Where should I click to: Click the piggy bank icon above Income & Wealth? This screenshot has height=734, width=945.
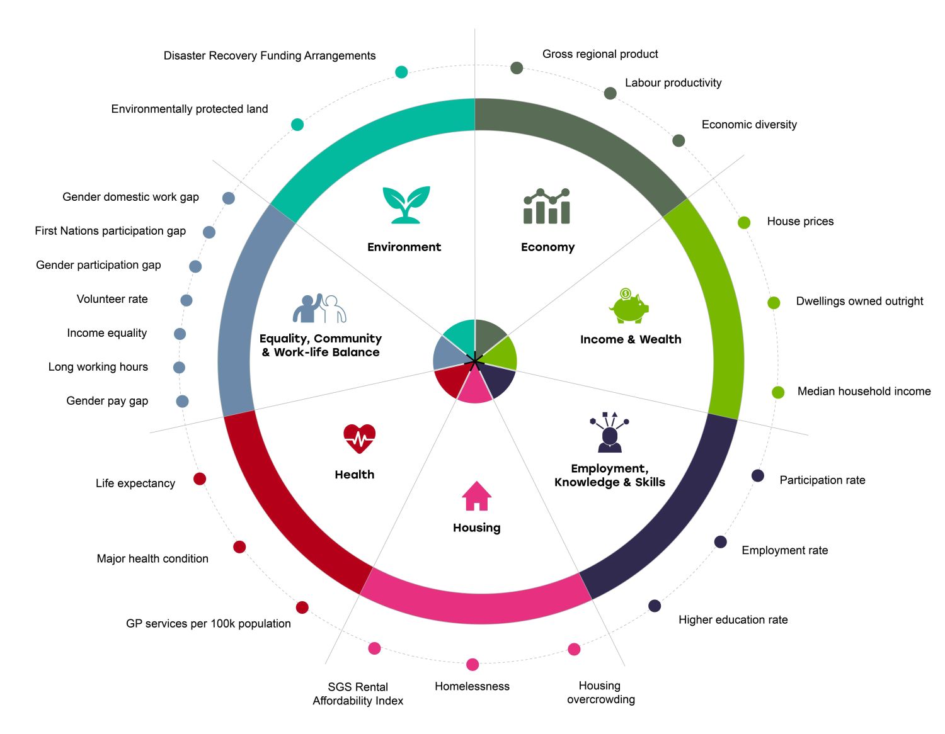629,307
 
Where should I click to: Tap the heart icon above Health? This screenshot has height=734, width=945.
359,438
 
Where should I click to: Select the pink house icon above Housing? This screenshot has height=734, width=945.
476,496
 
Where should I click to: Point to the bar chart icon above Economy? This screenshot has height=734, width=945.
547,206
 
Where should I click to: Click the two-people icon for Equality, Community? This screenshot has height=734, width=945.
319,308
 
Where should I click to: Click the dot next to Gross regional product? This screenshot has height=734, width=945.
517,68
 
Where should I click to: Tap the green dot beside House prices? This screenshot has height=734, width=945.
744,222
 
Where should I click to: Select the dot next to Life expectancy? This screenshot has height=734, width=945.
200,479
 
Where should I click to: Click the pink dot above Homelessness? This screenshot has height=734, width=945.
472,665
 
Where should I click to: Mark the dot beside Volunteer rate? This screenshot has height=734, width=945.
186,300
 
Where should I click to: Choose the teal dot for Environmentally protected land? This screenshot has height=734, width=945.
297,125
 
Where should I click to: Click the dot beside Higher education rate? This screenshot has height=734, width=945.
655,606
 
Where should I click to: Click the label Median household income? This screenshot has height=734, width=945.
864,392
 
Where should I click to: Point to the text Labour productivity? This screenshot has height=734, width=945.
673,83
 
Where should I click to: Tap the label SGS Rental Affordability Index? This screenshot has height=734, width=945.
358,694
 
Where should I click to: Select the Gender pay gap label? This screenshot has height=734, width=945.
107,401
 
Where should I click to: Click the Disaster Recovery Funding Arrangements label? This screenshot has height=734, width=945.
270,56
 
